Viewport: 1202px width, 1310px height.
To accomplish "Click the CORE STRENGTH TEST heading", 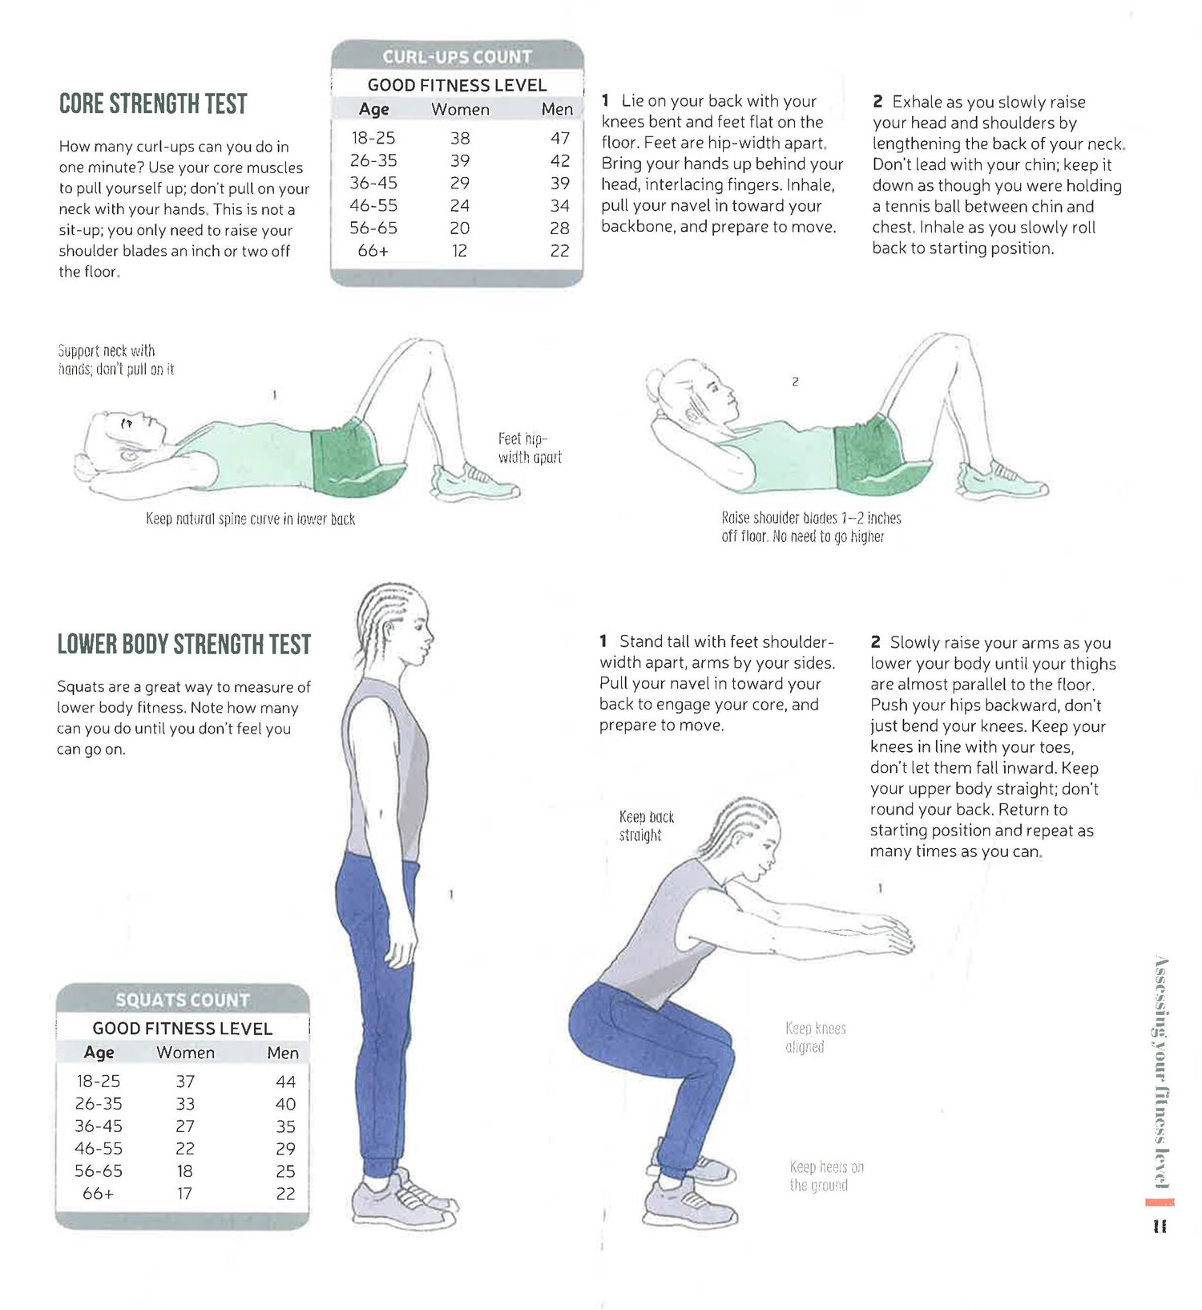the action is tap(153, 103).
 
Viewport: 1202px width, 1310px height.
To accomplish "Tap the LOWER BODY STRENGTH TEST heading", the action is tap(184, 644).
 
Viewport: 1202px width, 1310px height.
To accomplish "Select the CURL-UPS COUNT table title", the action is tap(457, 57).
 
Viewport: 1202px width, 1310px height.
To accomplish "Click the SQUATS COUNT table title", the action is tap(183, 1000).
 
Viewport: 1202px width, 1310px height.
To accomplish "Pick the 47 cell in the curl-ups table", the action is tap(559, 138).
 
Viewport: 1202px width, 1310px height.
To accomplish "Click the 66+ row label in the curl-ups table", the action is tap(373, 250).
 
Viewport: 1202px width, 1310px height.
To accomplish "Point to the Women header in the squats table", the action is tap(185, 1053).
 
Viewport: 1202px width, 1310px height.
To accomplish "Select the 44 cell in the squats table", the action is tap(285, 1082).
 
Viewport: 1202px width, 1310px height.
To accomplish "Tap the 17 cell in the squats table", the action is tap(184, 1194).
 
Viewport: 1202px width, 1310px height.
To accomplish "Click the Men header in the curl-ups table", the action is tap(557, 109).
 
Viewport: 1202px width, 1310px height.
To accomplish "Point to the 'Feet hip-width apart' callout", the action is tap(530, 448).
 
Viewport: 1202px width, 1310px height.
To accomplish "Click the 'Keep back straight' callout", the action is tap(646, 826).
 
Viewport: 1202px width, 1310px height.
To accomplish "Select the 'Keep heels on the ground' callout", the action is tap(826, 1176).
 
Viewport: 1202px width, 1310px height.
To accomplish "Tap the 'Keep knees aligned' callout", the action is tap(815, 1037).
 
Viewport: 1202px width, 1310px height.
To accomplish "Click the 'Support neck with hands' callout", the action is tap(116, 360).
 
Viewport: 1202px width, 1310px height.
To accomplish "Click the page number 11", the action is tap(1160, 1227).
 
